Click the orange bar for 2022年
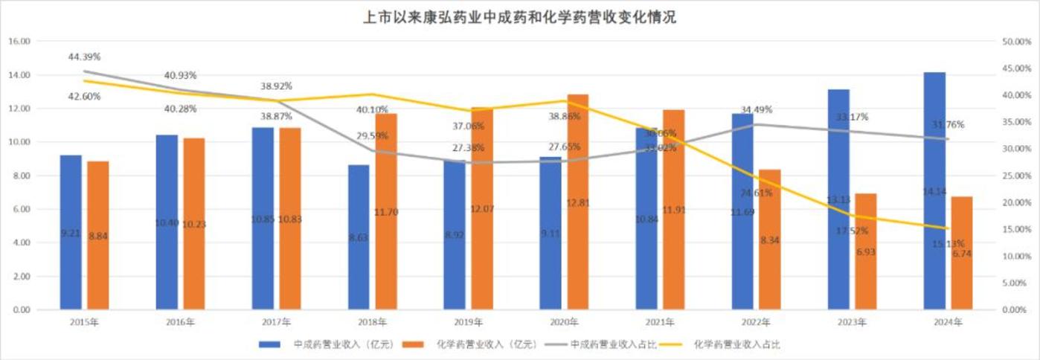coord(769,239)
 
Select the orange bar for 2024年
coord(962,253)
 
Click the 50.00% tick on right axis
coord(1015,42)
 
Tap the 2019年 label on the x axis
coord(468,323)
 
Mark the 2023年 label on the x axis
coord(852,323)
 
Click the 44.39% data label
coord(84,57)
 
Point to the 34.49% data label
coord(756,109)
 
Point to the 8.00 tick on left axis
coord(20,176)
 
